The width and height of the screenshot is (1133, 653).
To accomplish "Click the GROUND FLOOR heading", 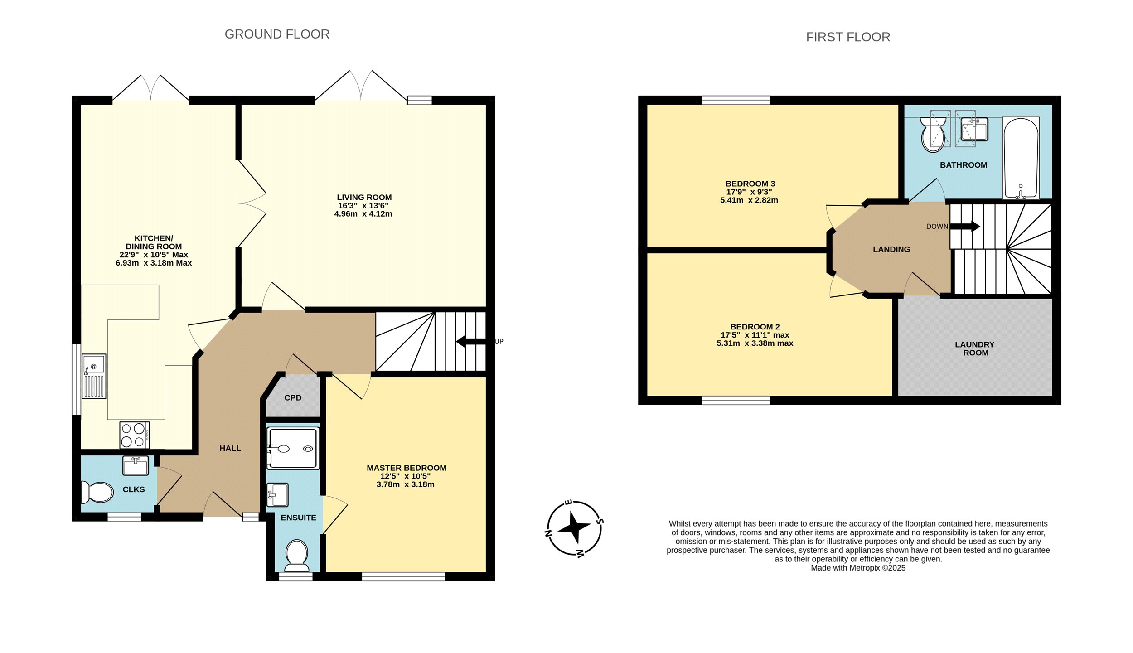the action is (277, 34).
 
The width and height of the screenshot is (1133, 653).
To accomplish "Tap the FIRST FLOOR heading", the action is (848, 37).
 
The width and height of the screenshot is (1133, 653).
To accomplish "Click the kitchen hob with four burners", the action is (135, 435).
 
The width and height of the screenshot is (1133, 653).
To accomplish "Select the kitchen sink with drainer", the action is (94, 376).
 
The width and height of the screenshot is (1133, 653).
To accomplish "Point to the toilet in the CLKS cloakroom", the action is (97, 492).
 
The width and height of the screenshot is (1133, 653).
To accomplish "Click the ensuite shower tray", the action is (293, 449).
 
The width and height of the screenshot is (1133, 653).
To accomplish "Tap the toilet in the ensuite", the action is (297, 555).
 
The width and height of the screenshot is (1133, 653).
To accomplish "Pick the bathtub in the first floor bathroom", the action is (1021, 159).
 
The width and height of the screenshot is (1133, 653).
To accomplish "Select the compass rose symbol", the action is (574, 528).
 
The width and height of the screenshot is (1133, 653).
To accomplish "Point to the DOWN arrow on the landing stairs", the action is (965, 226).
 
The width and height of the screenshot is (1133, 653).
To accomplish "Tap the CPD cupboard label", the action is (293, 398).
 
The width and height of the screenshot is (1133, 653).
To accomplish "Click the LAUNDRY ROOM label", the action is (975, 348).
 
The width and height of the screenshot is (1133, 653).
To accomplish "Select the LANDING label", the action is (891, 249).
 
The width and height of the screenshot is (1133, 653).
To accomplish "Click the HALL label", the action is (230, 448).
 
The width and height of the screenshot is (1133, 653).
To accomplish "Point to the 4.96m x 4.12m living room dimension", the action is (363, 214).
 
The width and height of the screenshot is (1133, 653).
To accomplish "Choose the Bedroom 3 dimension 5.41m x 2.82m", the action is (749, 200).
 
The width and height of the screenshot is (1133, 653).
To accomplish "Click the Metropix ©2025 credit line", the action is (858, 568).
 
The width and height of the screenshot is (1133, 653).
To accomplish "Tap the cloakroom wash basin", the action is (136, 465).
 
